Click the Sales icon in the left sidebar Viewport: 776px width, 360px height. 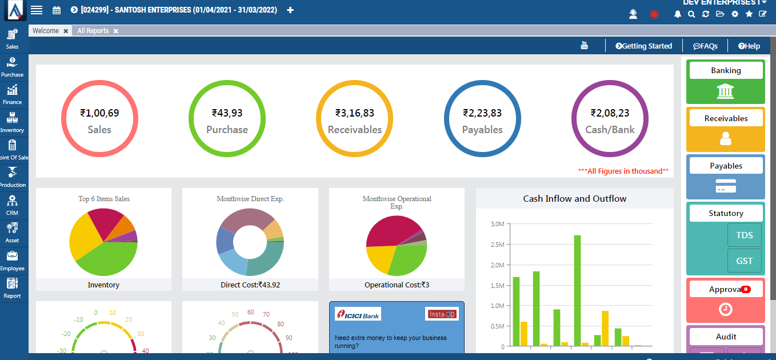coord(12,35)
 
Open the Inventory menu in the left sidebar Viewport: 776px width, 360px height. coord(12,118)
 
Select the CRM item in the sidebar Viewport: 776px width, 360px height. coord(12,201)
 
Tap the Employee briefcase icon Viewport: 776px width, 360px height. coord(12,257)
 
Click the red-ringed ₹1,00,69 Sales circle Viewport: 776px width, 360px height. coord(99,119)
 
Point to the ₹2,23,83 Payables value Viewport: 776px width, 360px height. coord(482,113)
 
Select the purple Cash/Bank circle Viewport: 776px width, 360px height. coord(610,119)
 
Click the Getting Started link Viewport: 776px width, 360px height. coord(643,46)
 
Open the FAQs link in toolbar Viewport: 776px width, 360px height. coord(705,46)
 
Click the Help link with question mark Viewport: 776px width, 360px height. coord(749,46)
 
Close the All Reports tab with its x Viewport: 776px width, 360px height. coord(116,31)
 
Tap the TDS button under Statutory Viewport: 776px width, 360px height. coord(744,235)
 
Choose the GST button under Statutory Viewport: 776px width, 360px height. coord(744,261)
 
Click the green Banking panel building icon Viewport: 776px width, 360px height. coord(725,91)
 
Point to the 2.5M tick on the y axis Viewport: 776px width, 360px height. coord(497,245)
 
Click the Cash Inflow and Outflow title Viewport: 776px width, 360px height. coord(574,199)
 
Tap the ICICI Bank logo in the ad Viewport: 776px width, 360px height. coord(358,314)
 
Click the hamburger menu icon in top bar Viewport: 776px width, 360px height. coord(37,10)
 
